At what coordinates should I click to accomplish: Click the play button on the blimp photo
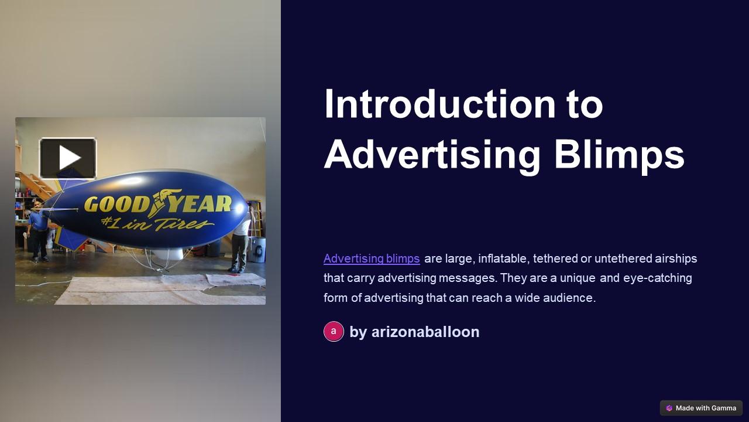(x=68, y=158)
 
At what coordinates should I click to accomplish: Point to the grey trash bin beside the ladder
(x=257, y=249)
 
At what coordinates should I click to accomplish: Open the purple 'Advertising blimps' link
(x=372, y=258)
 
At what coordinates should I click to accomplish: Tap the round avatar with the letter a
(x=334, y=332)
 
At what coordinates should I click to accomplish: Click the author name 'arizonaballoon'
(x=425, y=332)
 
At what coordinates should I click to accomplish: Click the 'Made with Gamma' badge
(x=701, y=408)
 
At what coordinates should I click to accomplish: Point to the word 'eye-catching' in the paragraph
(x=657, y=278)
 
